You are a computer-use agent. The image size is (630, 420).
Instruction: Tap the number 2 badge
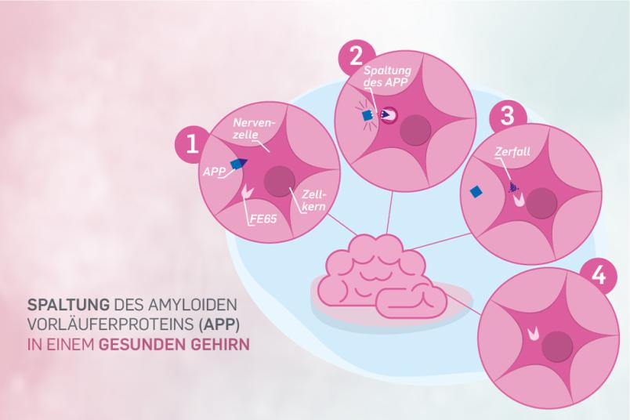(x=356, y=57)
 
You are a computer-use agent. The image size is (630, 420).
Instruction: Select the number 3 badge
(x=508, y=115)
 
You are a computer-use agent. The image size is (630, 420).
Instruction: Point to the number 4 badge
(x=598, y=275)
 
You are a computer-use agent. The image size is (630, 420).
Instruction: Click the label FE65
(x=263, y=219)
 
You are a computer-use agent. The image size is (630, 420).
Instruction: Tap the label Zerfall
(x=512, y=151)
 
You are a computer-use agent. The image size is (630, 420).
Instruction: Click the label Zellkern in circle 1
(x=313, y=201)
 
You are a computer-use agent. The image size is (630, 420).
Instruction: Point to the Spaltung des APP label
(x=387, y=76)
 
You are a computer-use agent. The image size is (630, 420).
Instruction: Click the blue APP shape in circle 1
(x=239, y=163)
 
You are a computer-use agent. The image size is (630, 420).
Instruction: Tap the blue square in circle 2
(x=367, y=116)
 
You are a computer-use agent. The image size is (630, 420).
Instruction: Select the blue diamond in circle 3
(x=476, y=192)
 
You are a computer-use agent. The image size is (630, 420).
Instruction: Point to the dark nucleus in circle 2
(x=415, y=130)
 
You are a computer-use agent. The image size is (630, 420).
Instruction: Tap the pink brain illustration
(x=382, y=277)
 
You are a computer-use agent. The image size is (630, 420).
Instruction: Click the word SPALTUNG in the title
(x=68, y=304)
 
